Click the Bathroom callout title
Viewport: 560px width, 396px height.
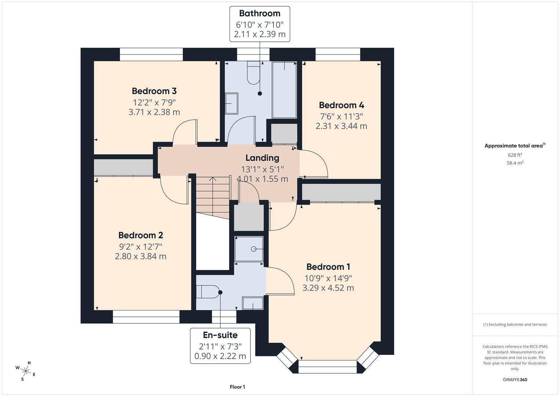pyautogui.click(x=260, y=14)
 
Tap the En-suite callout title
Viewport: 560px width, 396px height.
pyautogui.click(x=220, y=335)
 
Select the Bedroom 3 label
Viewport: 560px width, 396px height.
pyautogui.click(x=154, y=91)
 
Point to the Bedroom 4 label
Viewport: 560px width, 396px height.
pyautogui.click(x=341, y=105)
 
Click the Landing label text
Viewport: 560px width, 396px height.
pyautogui.click(x=262, y=158)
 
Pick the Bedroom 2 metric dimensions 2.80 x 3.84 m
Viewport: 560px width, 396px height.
pyautogui.click(x=140, y=256)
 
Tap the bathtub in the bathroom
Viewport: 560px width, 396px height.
pyautogui.click(x=284, y=90)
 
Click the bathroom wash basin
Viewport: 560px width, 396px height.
pyautogui.click(x=231, y=103)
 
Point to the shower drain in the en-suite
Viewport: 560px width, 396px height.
pyautogui.click(x=253, y=249)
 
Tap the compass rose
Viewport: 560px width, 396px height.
pyautogui.click(x=25, y=371)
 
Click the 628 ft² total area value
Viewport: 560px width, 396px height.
pyautogui.click(x=515, y=155)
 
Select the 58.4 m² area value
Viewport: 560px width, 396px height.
pyautogui.click(x=515, y=163)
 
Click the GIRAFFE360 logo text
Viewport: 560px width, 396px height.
pyautogui.click(x=515, y=380)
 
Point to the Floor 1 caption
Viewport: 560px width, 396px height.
pyautogui.click(x=237, y=387)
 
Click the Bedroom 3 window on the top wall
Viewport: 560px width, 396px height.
pyautogui.click(x=151, y=55)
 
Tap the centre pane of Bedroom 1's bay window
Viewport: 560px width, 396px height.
pyautogui.click(x=327, y=366)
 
